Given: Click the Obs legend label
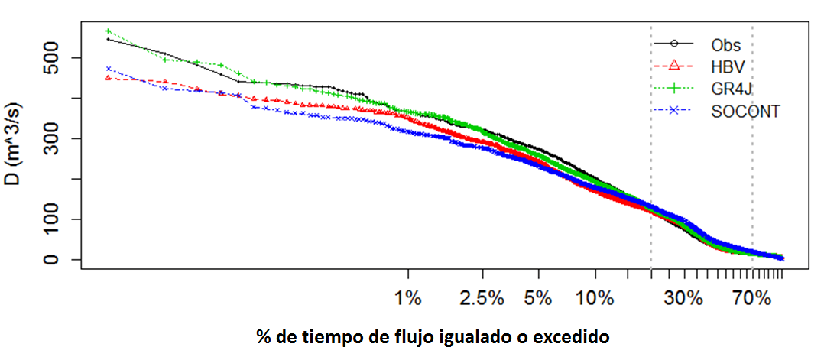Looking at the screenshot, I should pyautogui.click(x=725, y=45).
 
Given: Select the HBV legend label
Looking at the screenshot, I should pyautogui.click(x=728, y=67).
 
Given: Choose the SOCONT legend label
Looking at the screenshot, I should pyautogui.click(x=745, y=112).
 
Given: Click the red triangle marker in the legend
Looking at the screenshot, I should pyautogui.click(x=673, y=67).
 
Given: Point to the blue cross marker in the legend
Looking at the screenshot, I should pyautogui.click(x=673, y=112).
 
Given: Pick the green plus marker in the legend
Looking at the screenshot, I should pyautogui.click(x=673, y=89).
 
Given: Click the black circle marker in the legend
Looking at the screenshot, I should pyautogui.click(x=673, y=45).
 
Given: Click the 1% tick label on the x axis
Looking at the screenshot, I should pyautogui.click(x=409, y=299).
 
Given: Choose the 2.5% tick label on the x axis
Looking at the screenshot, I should pyautogui.click(x=482, y=299).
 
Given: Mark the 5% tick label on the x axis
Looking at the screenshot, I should pyautogui.click(x=539, y=299).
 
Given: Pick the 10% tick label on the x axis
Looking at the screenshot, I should pyautogui.click(x=595, y=299).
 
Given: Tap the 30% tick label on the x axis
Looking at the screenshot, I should pyautogui.click(x=683, y=299).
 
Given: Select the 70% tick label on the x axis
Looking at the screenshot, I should pyautogui.click(x=752, y=299).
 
